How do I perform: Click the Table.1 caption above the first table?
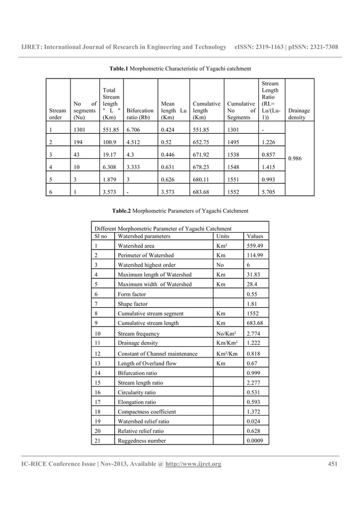pos(179,68)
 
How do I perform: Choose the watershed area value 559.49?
pos(255,246)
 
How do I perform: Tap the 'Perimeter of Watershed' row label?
pos(146,255)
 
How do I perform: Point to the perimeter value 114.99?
pos(255,255)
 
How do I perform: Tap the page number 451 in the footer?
pos(332,464)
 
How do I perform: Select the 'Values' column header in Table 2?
pos(254,236)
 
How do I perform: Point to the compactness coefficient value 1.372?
pos(253,411)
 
